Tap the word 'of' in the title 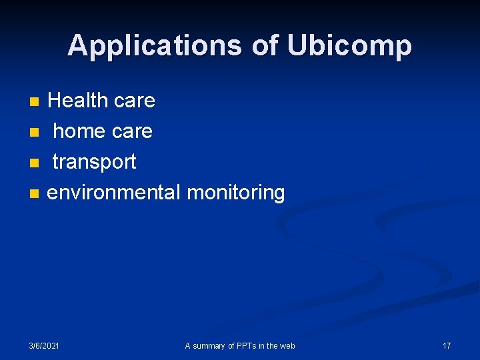[265, 45]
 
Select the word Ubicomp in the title [349, 45]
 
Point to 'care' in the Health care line [134, 101]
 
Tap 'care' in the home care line [132, 131]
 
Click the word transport [94, 162]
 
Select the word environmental [114, 193]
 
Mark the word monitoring [236, 193]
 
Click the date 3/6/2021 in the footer [44, 345]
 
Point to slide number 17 [447, 345]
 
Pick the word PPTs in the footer [245, 345]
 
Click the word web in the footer [287, 345]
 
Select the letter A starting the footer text [187, 345]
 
